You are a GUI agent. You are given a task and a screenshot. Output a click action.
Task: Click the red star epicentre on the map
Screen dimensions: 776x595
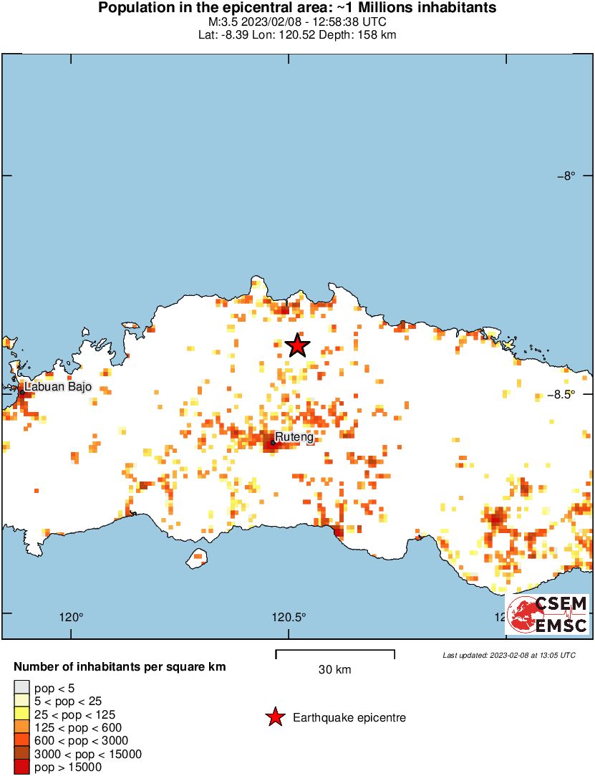(x=298, y=345)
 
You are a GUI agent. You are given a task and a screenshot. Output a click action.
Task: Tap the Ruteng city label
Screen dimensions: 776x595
(x=295, y=436)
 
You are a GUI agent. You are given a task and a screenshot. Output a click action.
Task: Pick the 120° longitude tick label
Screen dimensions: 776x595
(x=72, y=617)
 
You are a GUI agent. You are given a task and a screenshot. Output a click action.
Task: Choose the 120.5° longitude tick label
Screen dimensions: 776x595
(x=290, y=617)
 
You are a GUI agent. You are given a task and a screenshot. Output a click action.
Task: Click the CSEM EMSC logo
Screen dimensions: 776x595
(x=548, y=614)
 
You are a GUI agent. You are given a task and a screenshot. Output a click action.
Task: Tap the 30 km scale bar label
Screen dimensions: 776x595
(x=334, y=670)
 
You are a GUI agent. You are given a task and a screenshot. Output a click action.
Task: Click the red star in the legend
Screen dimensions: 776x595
(x=274, y=717)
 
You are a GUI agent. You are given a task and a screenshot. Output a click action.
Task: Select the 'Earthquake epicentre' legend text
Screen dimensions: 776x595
(x=349, y=717)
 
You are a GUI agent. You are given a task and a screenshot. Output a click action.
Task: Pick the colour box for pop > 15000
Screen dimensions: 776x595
(x=21, y=767)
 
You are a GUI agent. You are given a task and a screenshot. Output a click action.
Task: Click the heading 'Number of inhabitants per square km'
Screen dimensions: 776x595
(x=120, y=667)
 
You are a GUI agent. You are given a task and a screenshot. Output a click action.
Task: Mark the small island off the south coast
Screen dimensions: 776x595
(x=197, y=557)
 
